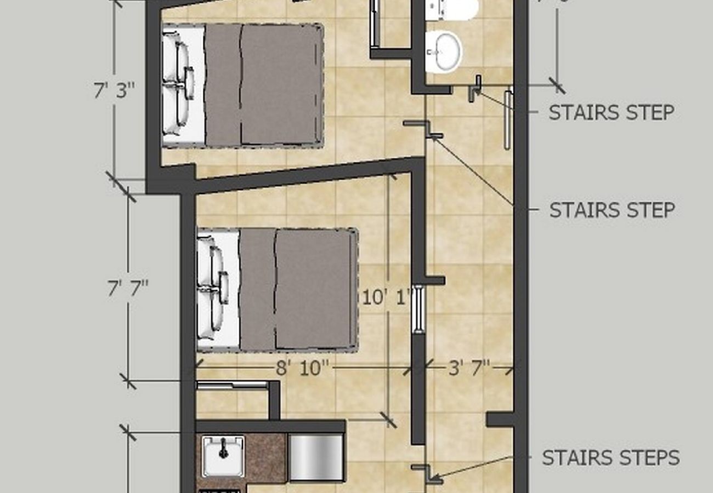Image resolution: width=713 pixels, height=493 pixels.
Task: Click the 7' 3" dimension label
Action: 114,90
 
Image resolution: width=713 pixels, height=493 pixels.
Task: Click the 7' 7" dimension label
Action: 128,287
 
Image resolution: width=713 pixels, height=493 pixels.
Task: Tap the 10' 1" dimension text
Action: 386,298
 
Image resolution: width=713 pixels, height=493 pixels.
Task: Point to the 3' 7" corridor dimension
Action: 469,368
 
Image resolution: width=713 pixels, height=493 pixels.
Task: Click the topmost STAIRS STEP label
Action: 611,112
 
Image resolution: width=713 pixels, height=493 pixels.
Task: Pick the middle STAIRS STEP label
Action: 612,210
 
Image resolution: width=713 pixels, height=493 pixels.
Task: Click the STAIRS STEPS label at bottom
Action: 610,457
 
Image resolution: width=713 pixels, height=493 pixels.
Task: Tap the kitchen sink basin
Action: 223,455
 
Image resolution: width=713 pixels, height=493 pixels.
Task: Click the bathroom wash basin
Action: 443,51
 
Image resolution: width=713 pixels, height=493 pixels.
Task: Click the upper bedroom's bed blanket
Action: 263,85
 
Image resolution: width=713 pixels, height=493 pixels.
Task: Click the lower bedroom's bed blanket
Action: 298,289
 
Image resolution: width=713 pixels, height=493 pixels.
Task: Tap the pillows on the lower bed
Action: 213,289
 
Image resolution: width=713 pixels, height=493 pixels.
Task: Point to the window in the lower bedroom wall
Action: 418,308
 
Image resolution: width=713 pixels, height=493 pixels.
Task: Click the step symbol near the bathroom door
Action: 475,88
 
